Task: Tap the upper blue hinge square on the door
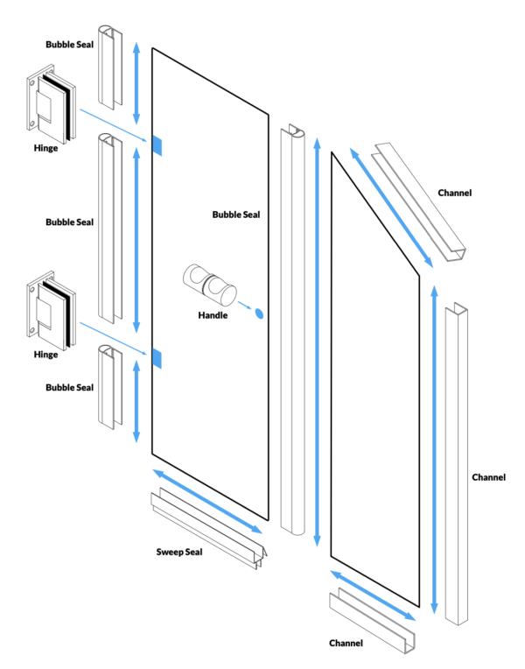click(x=156, y=145)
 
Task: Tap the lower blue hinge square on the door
click(x=156, y=357)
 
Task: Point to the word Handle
click(x=212, y=315)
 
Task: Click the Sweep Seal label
click(x=178, y=553)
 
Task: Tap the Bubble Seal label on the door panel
click(x=236, y=215)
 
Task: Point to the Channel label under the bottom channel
click(x=346, y=644)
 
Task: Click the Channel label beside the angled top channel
click(x=455, y=193)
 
